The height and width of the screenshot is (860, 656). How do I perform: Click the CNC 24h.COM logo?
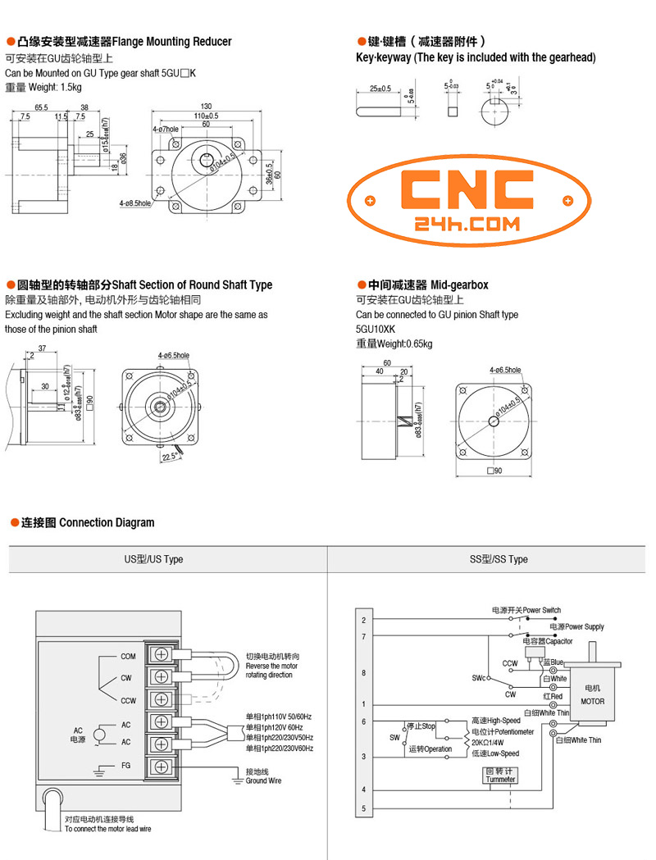pos(468,200)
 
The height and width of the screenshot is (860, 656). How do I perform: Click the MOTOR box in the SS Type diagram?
pos(592,694)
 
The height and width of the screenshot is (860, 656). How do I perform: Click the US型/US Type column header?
pos(153,559)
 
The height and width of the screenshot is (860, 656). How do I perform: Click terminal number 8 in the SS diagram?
pos(363,672)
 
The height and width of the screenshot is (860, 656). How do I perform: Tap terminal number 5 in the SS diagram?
pos(363,809)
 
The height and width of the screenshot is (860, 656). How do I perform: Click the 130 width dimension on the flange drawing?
pos(206,107)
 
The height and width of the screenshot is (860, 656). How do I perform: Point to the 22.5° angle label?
pos(171,456)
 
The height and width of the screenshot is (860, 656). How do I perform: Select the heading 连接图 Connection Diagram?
pos(87,522)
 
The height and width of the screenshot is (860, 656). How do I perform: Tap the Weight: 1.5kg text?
pos(43,87)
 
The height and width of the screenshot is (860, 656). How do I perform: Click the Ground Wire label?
pos(263,780)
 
